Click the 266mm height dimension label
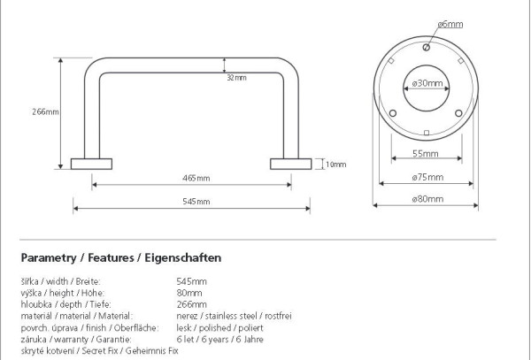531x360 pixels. point(45,111)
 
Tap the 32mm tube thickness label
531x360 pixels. point(236,78)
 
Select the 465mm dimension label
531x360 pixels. point(196,178)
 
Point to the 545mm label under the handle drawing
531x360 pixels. point(196,202)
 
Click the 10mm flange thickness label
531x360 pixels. point(336,165)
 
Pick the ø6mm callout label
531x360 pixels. point(450,24)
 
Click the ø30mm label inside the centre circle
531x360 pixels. point(427,83)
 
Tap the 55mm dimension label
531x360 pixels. point(426,154)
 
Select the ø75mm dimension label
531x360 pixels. point(427,177)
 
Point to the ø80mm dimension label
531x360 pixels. point(427,199)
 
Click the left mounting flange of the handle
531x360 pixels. point(91,165)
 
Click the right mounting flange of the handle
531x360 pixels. point(291,165)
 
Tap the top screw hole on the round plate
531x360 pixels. point(427,48)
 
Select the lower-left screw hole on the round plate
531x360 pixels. point(393,113)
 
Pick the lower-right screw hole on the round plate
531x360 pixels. point(458,113)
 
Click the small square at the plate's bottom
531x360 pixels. point(427,133)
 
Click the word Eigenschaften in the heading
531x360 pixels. point(183,257)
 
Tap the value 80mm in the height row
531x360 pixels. point(189,293)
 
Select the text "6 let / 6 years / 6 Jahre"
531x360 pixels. point(219,339)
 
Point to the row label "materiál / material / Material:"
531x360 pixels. point(77,316)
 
